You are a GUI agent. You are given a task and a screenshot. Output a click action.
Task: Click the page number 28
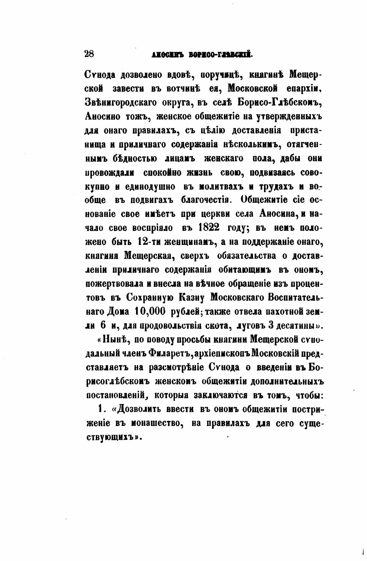click(89, 54)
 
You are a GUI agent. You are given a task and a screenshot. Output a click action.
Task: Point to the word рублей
click(185, 311)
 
